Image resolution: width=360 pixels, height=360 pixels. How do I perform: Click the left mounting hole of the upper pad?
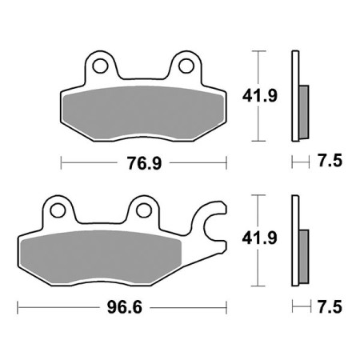click(101, 65)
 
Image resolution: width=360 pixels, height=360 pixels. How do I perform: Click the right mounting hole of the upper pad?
click(186, 65)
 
